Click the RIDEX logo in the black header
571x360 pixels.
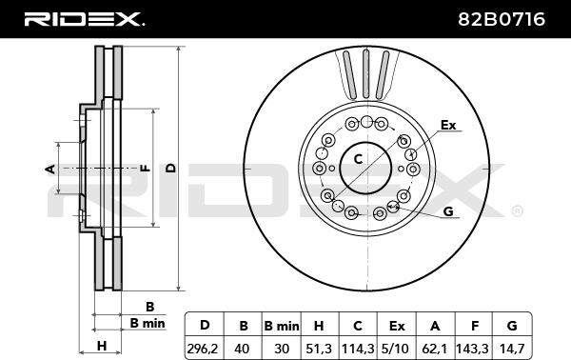click(x=84, y=19)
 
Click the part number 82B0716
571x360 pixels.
click(x=502, y=19)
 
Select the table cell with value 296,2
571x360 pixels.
click(x=203, y=349)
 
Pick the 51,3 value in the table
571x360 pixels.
click(x=319, y=349)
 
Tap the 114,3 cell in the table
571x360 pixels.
click(x=358, y=349)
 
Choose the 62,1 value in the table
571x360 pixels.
click(x=435, y=349)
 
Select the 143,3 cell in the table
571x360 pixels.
click(x=472, y=349)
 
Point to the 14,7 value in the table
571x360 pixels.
click(x=512, y=349)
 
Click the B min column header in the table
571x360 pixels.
click(x=282, y=326)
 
